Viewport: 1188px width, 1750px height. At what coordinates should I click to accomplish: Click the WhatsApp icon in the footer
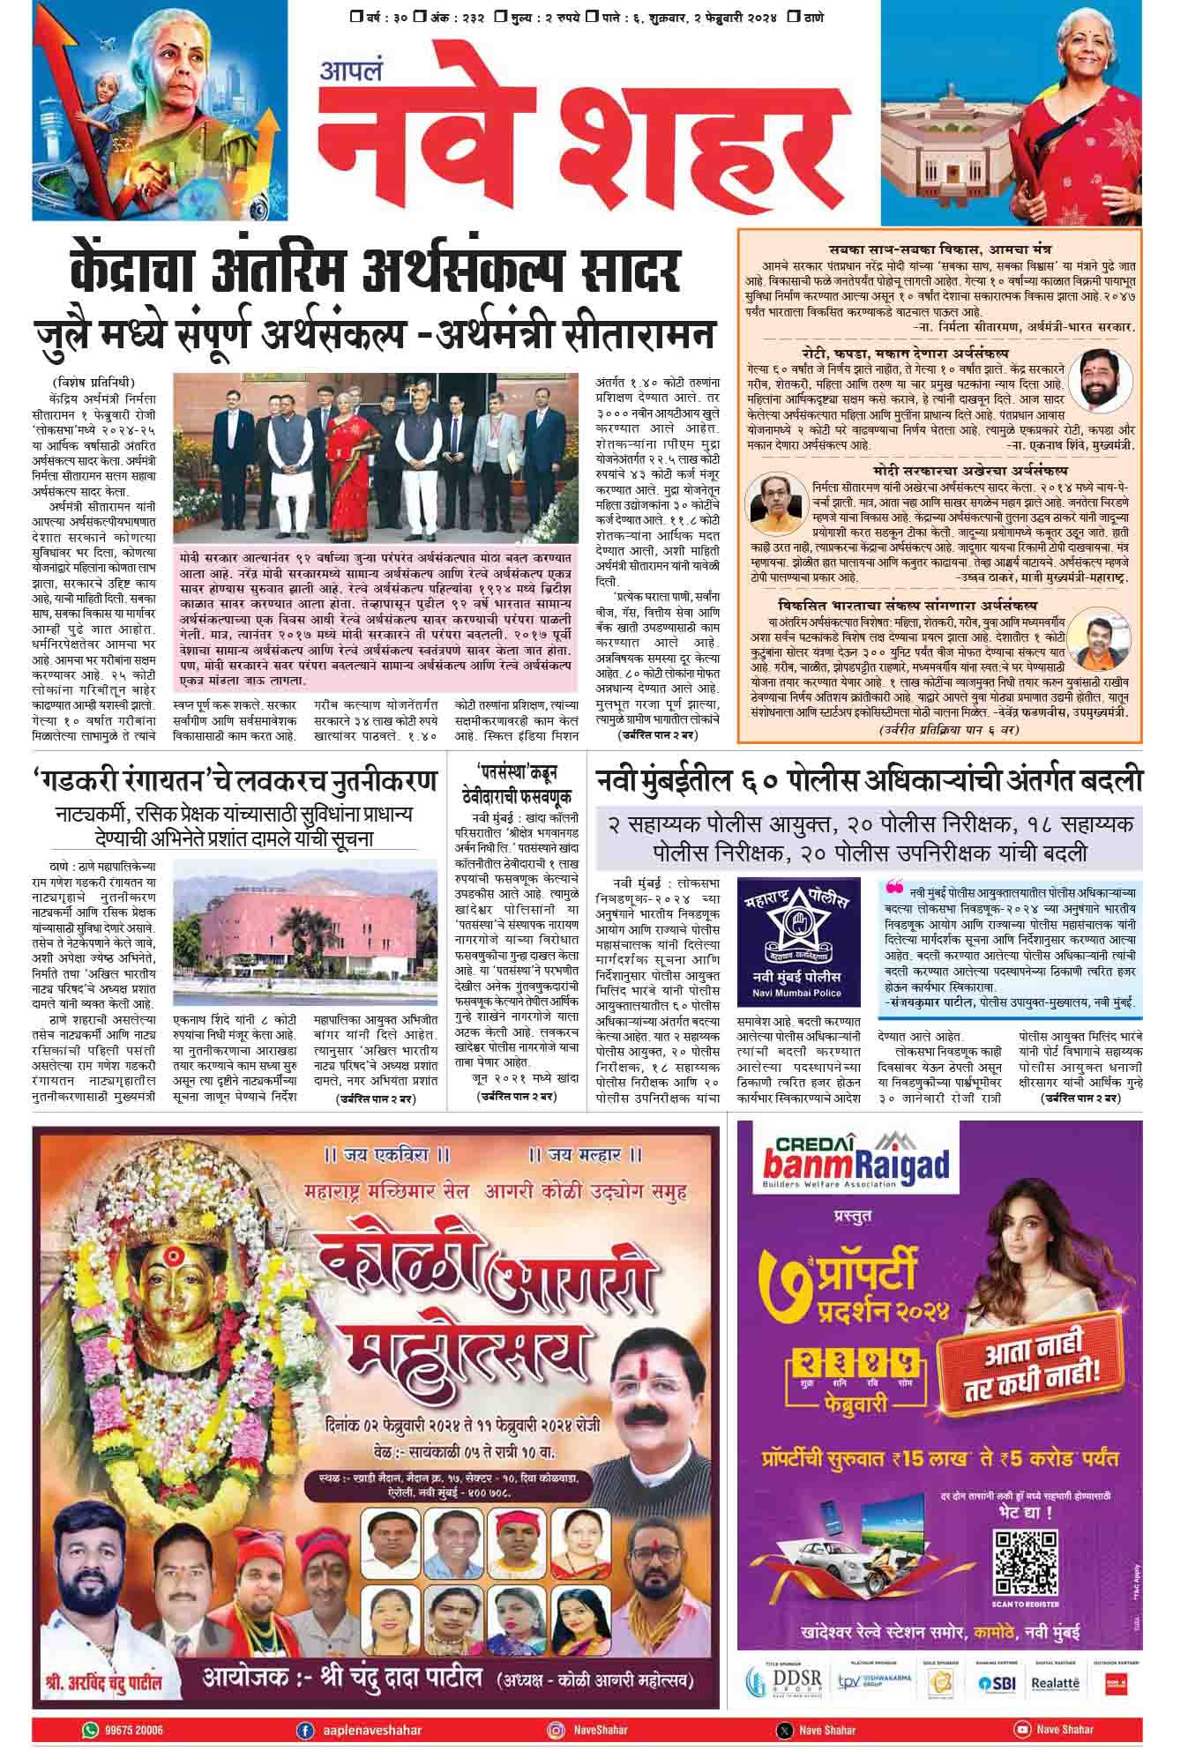point(90,1730)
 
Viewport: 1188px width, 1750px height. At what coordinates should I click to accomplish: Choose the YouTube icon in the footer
point(1023,1730)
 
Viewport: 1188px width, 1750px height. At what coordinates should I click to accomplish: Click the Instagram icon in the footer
point(556,1730)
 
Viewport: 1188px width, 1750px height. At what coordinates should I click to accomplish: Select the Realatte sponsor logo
point(1055,1683)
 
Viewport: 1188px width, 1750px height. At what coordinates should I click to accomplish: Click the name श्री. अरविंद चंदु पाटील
point(104,1683)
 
